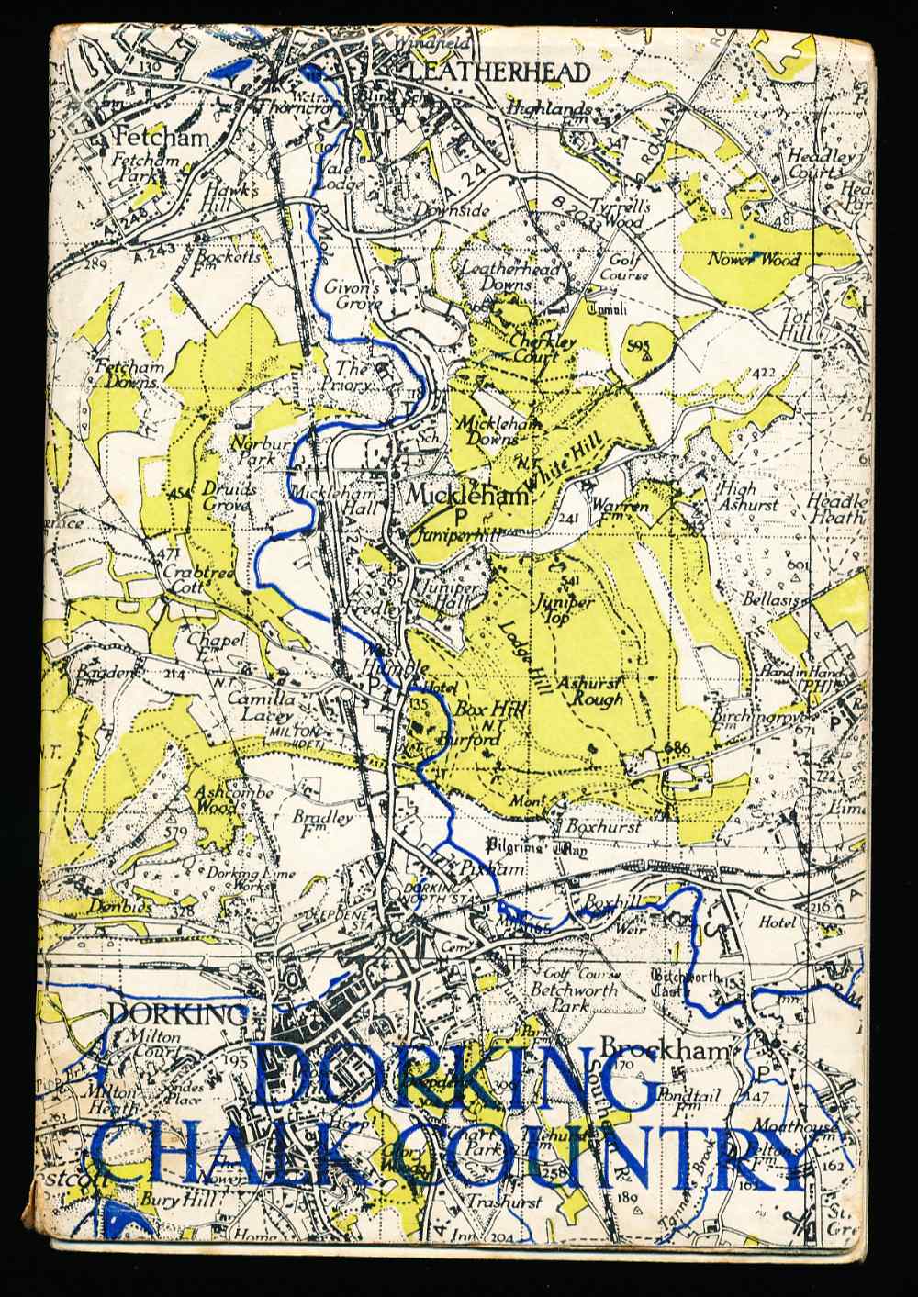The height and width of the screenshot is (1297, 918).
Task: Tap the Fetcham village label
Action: pos(162,137)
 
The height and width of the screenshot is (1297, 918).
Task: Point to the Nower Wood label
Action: pos(753,260)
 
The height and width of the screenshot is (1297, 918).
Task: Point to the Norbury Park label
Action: pos(261,450)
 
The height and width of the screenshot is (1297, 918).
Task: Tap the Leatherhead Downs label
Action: pos(496,276)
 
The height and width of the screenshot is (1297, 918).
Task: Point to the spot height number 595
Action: pos(640,344)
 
